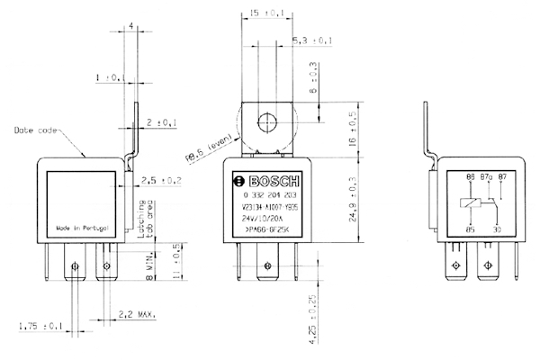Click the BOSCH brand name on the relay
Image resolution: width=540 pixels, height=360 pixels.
coord(270,177)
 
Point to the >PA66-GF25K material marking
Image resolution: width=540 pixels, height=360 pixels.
coord(267,229)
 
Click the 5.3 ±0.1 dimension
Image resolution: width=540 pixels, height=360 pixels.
coord(313,40)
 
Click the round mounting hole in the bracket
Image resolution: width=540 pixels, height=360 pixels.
coord(267,122)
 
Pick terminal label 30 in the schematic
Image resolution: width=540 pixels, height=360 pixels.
coord(496,229)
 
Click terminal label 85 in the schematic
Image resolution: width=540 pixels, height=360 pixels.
coord(468,229)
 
